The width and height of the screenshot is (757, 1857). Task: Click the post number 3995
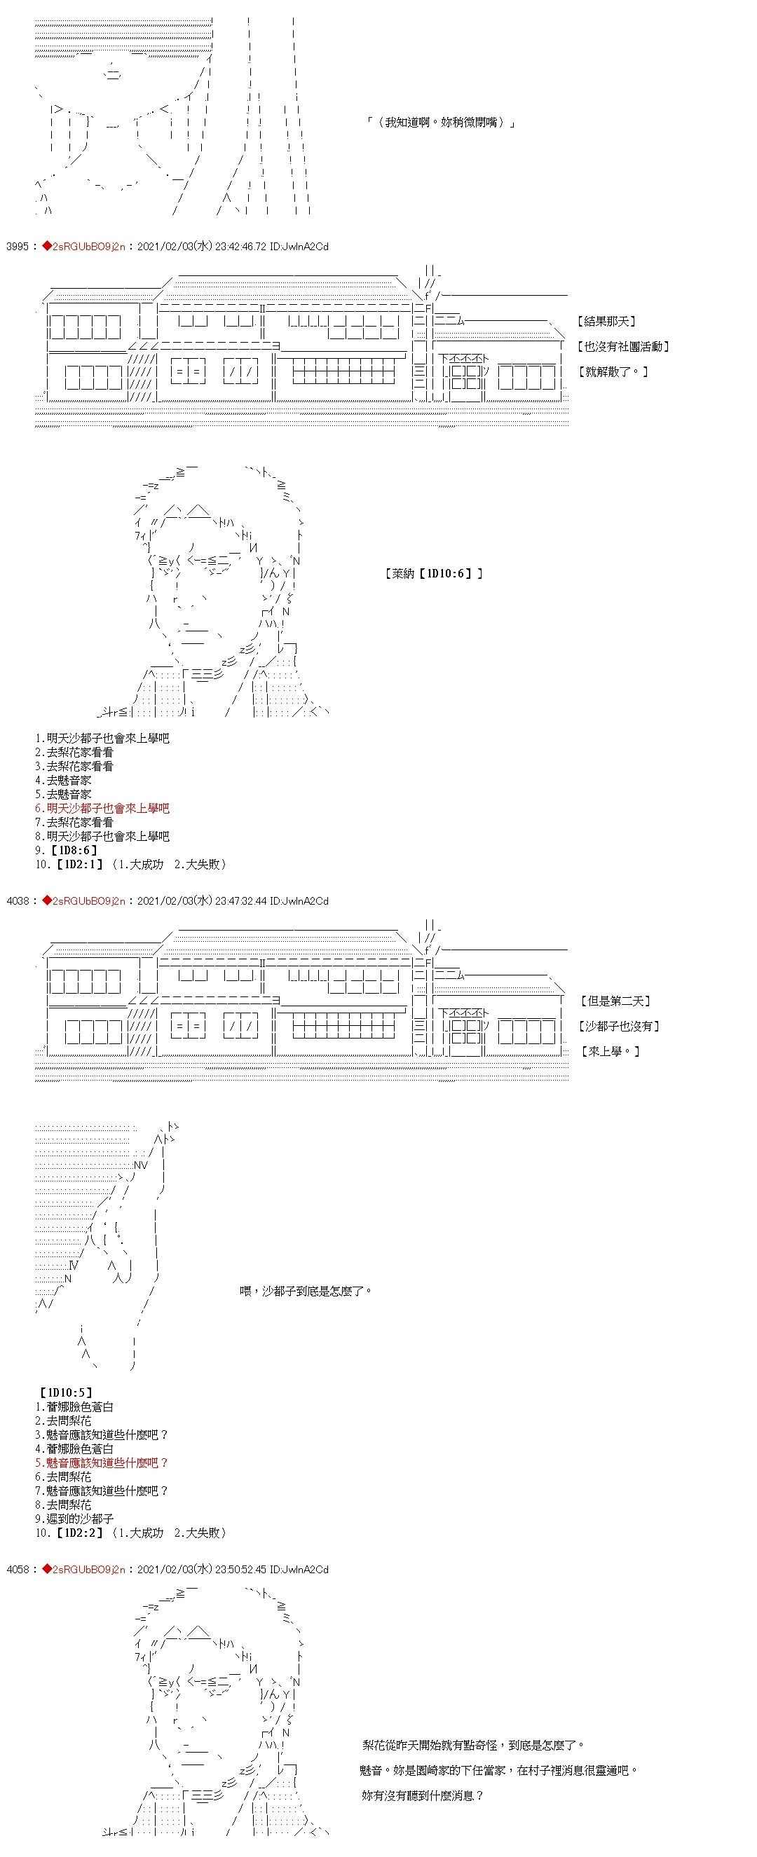coord(17,247)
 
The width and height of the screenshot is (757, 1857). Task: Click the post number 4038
coord(17,901)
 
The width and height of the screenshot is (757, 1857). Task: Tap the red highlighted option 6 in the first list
coord(102,809)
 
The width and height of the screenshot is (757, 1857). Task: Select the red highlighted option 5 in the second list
coord(102,1462)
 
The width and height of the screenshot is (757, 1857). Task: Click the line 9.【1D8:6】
coord(67,851)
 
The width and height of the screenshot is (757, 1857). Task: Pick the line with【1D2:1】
coord(130,864)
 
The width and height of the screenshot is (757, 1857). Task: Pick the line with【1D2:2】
coord(130,1533)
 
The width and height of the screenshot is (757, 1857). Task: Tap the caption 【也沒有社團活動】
coord(624,347)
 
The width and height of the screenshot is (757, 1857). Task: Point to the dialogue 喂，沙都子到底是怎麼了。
coord(306,1291)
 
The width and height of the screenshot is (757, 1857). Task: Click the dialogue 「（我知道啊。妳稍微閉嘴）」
coord(440,123)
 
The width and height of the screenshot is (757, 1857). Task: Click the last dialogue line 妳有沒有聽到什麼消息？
coord(422,1796)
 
